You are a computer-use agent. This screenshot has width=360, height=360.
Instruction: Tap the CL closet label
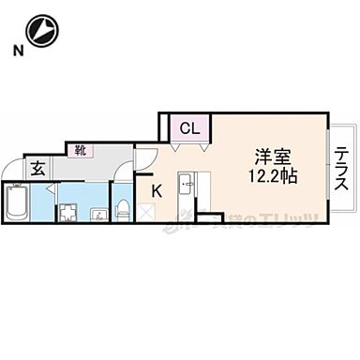coord(189,128)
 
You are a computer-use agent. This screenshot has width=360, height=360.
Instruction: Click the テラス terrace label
coord(342,170)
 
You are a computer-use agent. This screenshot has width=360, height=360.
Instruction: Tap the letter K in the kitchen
coord(157,191)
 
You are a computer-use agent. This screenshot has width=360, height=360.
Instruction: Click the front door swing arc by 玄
coord(11,171)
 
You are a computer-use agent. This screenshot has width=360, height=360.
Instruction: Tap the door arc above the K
coord(146,157)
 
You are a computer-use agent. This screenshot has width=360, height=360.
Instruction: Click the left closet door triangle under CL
coord(176,147)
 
